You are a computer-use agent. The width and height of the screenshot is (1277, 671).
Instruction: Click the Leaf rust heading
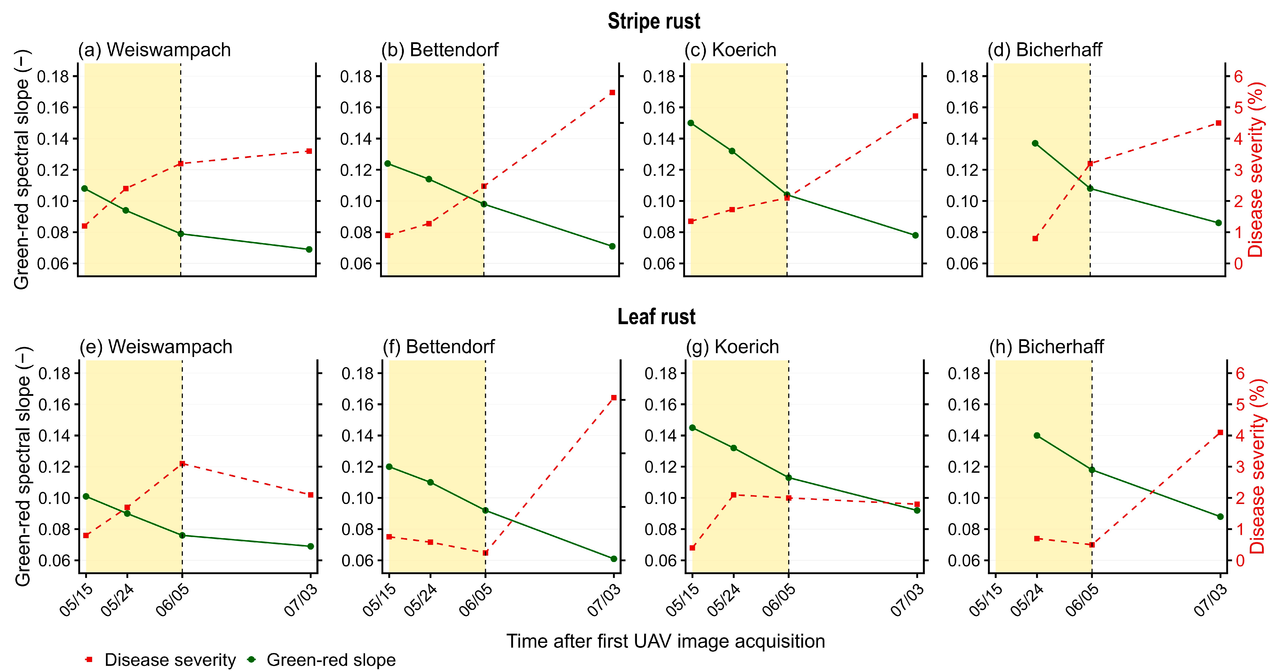[x=656, y=317]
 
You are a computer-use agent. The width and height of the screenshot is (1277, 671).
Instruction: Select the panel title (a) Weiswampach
[x=154, y=50]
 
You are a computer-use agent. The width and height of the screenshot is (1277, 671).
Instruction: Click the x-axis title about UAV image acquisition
[x=665, y=641]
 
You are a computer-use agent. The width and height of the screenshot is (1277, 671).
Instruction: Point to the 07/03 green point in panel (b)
[x=612, y=246]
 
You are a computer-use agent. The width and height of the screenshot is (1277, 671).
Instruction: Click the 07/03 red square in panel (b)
[x=612, y=93]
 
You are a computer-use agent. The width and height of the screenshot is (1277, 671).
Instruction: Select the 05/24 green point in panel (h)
[x=1037, y=436]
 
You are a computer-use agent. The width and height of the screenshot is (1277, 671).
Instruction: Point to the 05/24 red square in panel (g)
[x=734, y=495]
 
